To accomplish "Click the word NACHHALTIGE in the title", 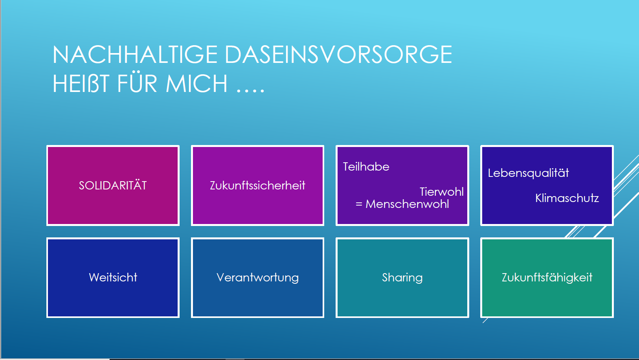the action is pyautogui.click(x=135, y=55).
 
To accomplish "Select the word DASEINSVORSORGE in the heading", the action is pyautogui.click(x=338, y=55).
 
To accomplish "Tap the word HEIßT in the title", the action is pyautogui.click(x=81, y=83).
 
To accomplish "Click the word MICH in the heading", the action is pyautogui.click(x=196, y=83).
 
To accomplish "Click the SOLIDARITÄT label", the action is pyautogui.click(x=113, y=186).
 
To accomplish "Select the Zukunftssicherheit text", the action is pyautogui.click(x=257, y=186).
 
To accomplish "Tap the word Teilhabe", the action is pyautogui.click(x=366, y=167).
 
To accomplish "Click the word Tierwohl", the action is pyautogui.click(x=441, y=192).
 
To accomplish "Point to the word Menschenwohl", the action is pyautogui.click(x=407, y=204).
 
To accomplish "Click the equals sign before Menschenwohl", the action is pyautogui.click(x=359, y=204).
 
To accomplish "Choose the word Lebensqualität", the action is pyautogui.click(x=528, y=173).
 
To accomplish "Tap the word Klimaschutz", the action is pyautogui.click(x=567, y=198).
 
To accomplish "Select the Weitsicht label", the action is pyautogui.click(x=113, y=277).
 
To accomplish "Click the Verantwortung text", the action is pyautogui.click(x=257, y=278).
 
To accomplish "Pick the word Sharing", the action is pyautogui.click(x=402, y=278).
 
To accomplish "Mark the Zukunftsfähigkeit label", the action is pyautogui.click(x=547, y=277).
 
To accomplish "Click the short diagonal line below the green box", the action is pyautogui.click(x=485, y=320).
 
